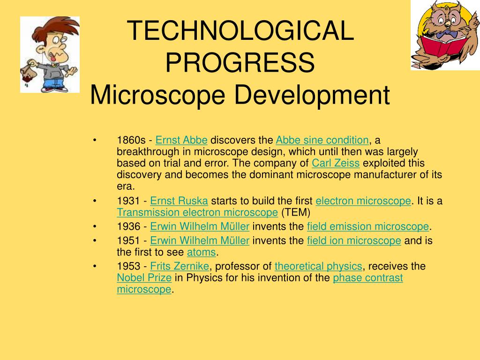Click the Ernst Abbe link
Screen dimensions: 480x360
tap(181, 140)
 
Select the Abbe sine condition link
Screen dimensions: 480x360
tap(322, 140)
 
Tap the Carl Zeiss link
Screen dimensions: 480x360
tap(336, 163)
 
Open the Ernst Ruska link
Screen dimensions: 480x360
tap(179, 201)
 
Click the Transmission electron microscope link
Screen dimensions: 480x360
tap(197, 212)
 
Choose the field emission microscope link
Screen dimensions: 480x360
tap(367, 226)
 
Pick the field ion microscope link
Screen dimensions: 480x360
tap(354, 240)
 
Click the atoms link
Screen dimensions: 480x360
tap(202, 252)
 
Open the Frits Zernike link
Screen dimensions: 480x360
tap(180, 266)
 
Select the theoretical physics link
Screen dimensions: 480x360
tap(318, 266)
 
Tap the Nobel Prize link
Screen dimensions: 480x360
tap(144, 278)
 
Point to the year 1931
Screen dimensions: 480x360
tap(128, 201)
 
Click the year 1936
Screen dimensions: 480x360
tap(128, 226)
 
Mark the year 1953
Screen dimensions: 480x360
tap(128, 266)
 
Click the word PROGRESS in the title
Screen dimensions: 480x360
tap(240, 62)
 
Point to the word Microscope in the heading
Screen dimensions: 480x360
tap(157, 95)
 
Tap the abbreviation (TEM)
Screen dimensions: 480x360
tap(295, 212)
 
